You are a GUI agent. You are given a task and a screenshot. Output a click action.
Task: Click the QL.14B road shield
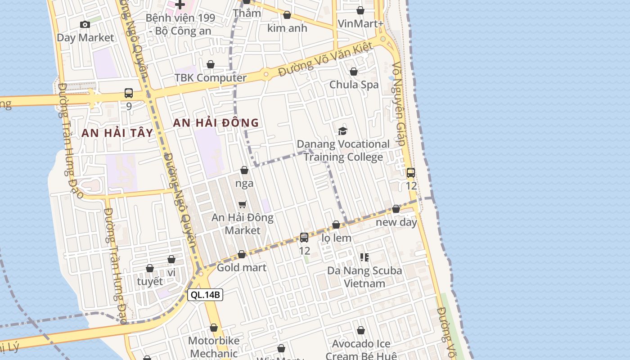205,295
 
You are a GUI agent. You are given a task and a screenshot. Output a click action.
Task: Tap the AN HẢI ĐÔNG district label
216,122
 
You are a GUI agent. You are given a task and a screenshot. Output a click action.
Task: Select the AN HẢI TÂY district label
117,133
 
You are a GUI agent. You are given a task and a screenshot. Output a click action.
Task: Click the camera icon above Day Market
85,24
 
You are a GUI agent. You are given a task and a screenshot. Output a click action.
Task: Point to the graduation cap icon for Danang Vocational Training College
343,131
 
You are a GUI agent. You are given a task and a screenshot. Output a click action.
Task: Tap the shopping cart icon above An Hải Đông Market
243,205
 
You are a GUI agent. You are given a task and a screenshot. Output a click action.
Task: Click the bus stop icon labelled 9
129,94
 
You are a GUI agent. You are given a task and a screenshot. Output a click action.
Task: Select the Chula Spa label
354,85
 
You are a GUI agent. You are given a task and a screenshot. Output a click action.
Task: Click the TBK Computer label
211,78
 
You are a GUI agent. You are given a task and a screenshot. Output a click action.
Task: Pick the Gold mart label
242,268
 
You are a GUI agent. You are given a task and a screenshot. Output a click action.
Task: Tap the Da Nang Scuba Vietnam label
364,277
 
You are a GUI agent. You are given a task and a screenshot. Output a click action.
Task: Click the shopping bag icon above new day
396,209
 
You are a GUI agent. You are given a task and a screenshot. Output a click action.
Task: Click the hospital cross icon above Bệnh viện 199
180,5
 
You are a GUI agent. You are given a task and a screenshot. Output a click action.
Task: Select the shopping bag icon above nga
244,170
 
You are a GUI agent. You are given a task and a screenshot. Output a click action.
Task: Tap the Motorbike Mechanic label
214,346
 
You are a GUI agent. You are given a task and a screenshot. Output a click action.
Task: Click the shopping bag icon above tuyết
150,268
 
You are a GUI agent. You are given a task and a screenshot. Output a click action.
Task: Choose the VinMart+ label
360,23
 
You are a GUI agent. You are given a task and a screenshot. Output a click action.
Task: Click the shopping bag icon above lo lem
336,225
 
